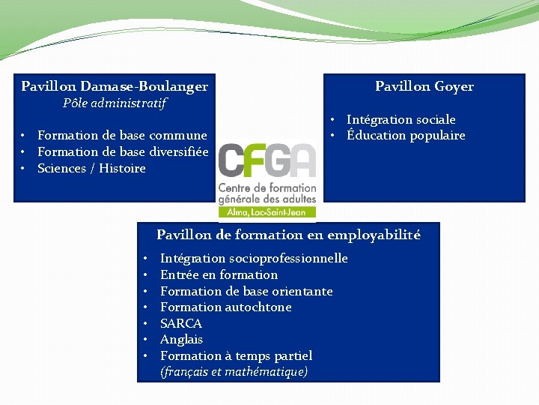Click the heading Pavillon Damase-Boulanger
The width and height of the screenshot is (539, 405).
pos(115,86)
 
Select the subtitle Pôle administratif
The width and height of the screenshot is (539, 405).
pos(115,103)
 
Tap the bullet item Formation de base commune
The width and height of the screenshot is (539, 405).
pos(122,135)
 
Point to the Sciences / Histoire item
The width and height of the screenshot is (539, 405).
pos(91,168)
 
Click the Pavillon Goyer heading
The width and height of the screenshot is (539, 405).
pos(424,86)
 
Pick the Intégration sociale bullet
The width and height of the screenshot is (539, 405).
pos(401,119)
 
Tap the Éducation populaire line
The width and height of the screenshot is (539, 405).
pos(406,135)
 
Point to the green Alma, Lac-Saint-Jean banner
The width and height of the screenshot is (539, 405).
pos(267,213)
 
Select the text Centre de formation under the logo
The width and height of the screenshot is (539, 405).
pos(267,187)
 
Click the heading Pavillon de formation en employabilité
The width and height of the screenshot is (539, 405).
pos(288,235)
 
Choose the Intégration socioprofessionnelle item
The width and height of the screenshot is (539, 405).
pos(254,258)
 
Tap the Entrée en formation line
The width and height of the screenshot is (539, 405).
pos(219,274)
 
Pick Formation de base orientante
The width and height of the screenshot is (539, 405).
pos(246,291)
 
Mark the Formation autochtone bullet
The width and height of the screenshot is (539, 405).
pos(225,307)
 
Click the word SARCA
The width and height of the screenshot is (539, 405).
pos(181,323)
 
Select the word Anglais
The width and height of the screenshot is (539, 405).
pos(182,339)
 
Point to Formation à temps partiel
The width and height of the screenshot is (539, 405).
pos(236,355)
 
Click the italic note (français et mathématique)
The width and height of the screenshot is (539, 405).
pos(234,371)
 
